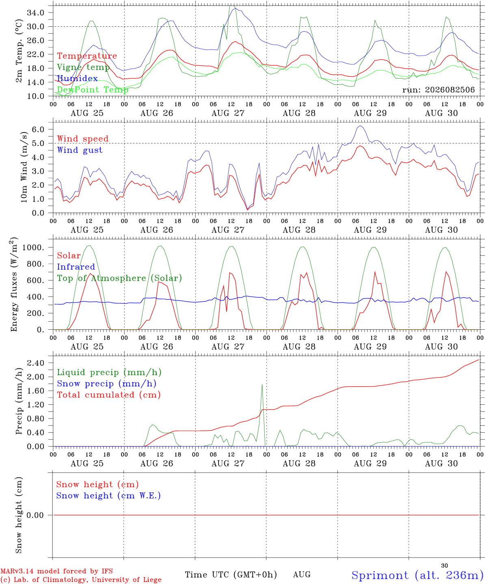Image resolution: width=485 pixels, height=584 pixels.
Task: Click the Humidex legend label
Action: (x=77, y=78)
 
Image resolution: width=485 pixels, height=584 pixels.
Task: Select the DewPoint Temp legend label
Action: (x=93, y=90)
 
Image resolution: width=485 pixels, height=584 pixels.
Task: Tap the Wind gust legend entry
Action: (x=80, y=150)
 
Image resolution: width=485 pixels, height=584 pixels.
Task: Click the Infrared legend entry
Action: (x=76, y=267)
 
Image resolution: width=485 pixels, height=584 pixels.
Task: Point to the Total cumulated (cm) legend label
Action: (x=109, y=395)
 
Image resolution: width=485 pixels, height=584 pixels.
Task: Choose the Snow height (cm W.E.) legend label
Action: (x=108, y=496)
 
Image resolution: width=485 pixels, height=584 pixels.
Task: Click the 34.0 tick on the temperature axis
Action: (x=36, y=13)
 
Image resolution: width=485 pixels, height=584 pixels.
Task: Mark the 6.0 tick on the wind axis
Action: (x=38, y=129)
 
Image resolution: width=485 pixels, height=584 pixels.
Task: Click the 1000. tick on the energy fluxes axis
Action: (x=33, y=247)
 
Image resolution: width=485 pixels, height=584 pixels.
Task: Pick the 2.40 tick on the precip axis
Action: (x=36, y=363)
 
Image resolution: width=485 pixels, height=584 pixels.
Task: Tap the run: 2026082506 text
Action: (x=438, y=90)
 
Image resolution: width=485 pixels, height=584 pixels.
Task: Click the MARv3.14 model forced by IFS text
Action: (x=56, y=571)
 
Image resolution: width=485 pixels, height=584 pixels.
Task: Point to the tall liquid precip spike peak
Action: (x=262, y=385)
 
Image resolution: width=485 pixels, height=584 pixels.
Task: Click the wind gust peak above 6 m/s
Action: (x=360, y=126)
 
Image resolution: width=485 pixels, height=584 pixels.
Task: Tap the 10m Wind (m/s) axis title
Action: (x=24, y=167)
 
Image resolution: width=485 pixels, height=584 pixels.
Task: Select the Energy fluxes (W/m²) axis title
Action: (x=14, y=284)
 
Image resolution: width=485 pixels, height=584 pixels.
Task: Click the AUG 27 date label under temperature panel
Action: (x=228, y=113)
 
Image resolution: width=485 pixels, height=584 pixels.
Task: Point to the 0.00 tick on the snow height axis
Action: (x=35, y=515)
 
